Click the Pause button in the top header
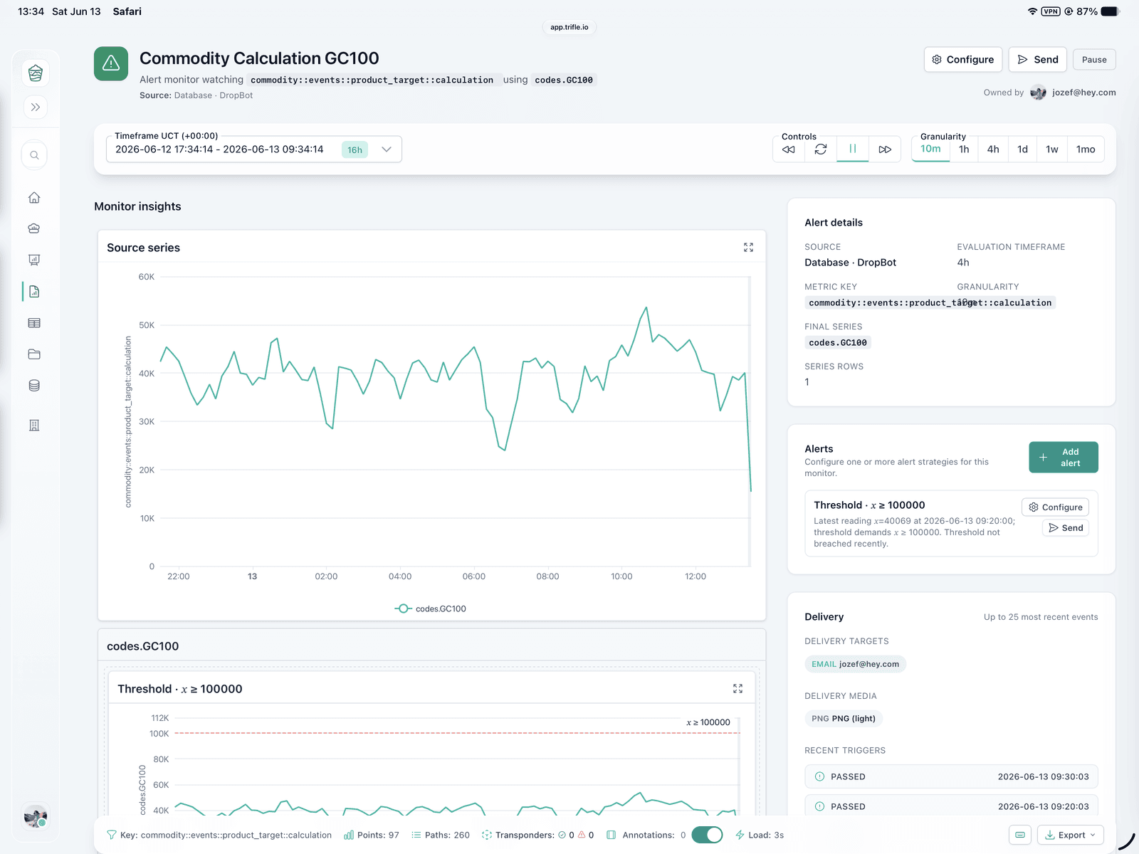[x=1094, y=60]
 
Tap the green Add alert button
[x=1064, y=458]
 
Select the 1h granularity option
[x=964, y=149]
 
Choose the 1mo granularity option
[x=1085, y=149]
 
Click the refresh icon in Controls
[x=820, y=149]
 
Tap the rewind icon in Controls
[x=788, y=149]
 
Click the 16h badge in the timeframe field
[x=355, y=150]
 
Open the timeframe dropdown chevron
[x=386, y=149]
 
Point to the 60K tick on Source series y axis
[x=147, y=277]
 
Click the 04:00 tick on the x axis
[x=399, y=576]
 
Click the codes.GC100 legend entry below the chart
[x=430, y=608]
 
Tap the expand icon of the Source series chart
[x=747, y=248]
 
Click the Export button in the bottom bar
[x=1070, y=835]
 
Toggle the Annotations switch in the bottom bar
[x=707, y=835]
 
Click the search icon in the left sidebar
[x=34, y=155]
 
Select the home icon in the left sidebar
[x=34, y=198]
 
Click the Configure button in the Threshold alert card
[x=1055, y=507]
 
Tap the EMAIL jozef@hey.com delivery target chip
[x=855, y=664]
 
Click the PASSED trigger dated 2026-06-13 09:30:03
[x=950, y=776]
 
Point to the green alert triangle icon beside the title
[x=110, y=64]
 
